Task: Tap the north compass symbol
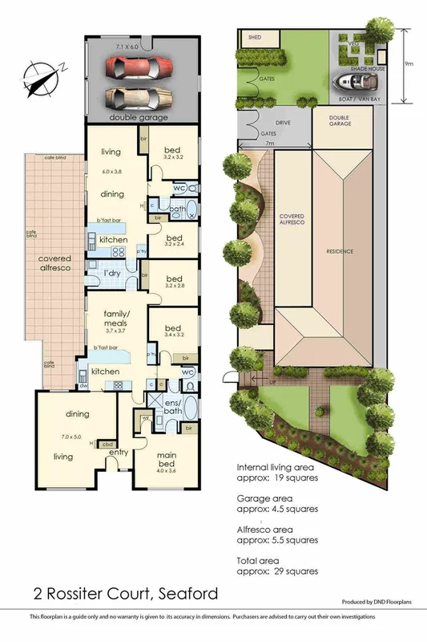40,79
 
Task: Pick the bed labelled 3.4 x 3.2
173,331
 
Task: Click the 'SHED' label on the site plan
256,37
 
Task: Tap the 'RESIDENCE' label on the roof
340,251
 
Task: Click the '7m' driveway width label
270,143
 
